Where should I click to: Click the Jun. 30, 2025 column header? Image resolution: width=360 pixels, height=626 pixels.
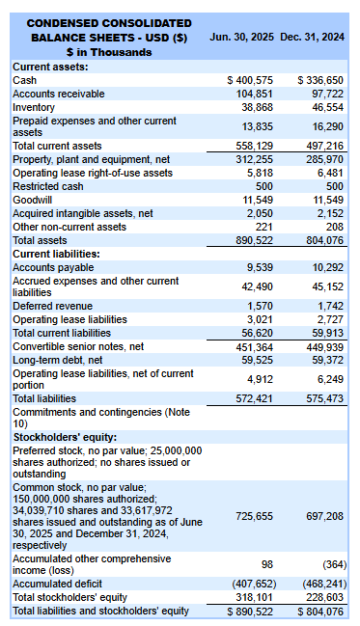[x=241, y=37]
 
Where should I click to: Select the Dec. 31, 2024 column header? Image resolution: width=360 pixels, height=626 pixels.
[x=312, y=37]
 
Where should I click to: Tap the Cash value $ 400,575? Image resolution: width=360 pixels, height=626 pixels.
[x=249, y=80]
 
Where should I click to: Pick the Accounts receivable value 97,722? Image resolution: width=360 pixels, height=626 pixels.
[x=324, y=94]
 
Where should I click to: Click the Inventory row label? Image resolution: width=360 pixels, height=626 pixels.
[x=34, y=107]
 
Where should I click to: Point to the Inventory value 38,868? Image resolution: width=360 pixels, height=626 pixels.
[x=256, y=107]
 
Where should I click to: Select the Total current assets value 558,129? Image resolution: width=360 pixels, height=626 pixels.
[x=253, y=146]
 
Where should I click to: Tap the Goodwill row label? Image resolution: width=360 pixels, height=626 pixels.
[x=32, y=200]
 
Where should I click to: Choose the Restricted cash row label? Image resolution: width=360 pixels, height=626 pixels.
[x=48, y=186]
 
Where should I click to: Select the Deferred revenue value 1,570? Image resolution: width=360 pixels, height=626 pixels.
[x=260, y=306]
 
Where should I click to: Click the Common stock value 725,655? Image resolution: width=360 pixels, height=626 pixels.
[x=253, y=517]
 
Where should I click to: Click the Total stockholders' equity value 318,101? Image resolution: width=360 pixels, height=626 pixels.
[x=253, y=597]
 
